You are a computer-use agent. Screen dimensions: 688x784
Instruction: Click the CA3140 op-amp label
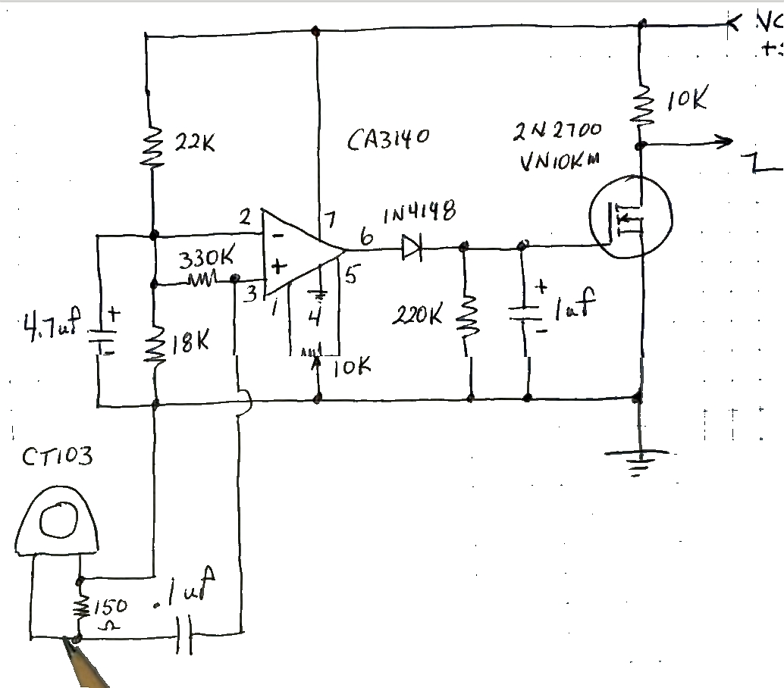[x=389, y=141]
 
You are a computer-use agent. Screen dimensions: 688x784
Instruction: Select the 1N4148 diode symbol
[x=412, y=247]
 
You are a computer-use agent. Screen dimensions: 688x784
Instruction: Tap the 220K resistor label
[x=416, y=314]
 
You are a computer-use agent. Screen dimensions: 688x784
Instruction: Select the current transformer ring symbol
[x=58, y=521]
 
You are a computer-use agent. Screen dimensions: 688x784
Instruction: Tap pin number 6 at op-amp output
[x=366, y=237]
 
